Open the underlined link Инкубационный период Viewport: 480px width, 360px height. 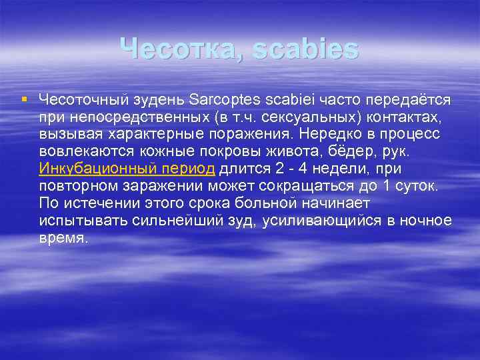(127, 169)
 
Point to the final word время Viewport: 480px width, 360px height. (63, 238)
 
